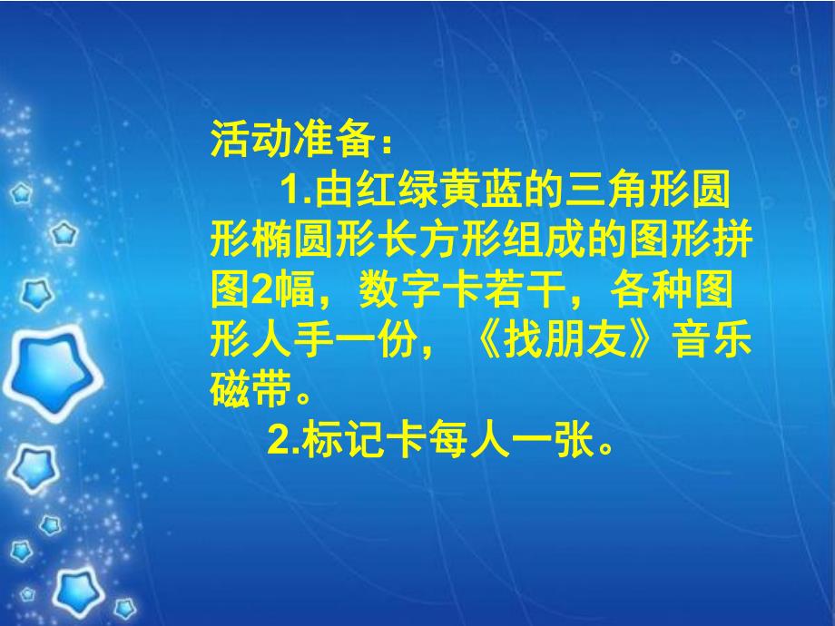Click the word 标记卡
tap(361, 444)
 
